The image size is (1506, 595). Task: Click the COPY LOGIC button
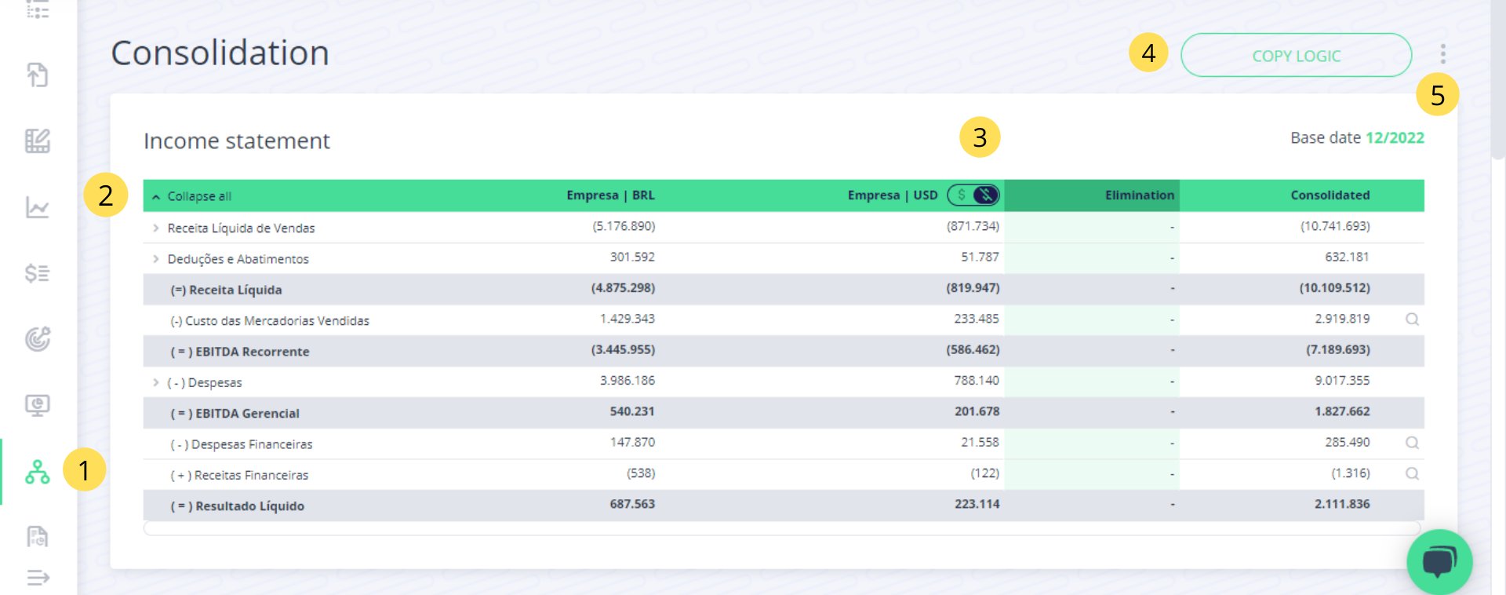pyautogui.click(x=1296, y=56)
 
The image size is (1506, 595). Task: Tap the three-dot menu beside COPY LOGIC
pyautogui.click(x=1442, y=54)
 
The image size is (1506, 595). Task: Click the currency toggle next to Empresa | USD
pyautogui.click(x=973, y=195)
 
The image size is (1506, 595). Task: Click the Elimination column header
pyautogui.click(x=1139, y=195)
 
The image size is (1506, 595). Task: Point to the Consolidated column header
pyautogui.click(x=1330, y=195)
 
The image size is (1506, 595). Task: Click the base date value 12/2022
pyautogui.click(x=1395, y=138)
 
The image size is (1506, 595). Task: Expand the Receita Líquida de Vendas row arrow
pyautogui.click(x=156, y=228)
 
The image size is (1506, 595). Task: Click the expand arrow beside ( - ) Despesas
pyautogui.click(x=156, y=382)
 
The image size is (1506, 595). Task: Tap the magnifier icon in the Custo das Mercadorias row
pyautogui.click(x=1412, y=319)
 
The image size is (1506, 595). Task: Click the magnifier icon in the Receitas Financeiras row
pyautogui.click(x=1412, y=473)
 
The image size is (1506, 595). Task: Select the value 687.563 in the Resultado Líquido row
pyautogui.click(x=632, y=504)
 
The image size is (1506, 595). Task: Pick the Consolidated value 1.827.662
pyautogui.click(x=1342, y=411)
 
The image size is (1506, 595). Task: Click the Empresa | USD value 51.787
pyautogui.click(x=980, y=257)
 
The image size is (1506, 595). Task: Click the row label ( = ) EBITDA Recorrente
pyautogui.click(x=240, y=352)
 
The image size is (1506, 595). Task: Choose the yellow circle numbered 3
pyautogui.click(x=980, y=137)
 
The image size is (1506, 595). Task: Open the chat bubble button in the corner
pyautogui.click(x=1439, y=561)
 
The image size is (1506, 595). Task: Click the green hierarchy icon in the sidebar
pyautogui.click(x=38, y=472)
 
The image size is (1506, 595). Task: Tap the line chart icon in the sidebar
pyautogui.click(x=38, y=207)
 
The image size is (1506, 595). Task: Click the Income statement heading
pyautogui.click(x=236, y=141)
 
